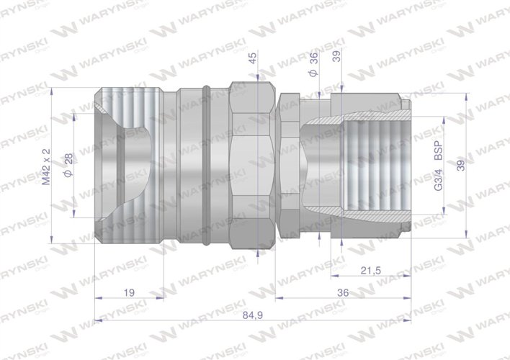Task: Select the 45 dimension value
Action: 252,58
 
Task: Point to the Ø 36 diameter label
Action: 314,66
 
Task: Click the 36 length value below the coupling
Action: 343,293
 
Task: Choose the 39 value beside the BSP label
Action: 462,167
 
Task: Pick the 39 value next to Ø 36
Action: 336,58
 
